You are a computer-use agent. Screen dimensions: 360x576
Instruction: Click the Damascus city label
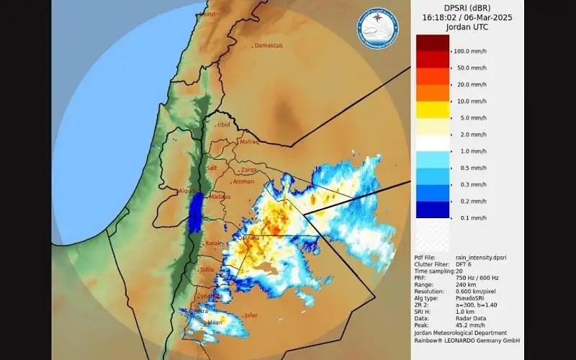pyautogui.click(x=269, y=45)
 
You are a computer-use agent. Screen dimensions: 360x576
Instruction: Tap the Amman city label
pyautogui.click(x=244, y=182)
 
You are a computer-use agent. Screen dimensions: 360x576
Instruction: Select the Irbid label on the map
pyautogui.click(x=224, y=125)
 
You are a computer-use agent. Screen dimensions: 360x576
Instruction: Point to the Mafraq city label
pyautogui.click(x=248, y=143)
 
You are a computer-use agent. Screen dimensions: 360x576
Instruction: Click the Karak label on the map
pyautogui.click(x=213, y=244)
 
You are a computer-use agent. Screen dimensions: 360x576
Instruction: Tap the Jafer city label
pyautogui.click(x=251, y=315)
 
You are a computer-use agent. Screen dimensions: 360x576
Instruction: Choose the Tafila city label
pyautogui.click(x=207, y=270)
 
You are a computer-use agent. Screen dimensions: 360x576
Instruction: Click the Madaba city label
pyautogui.click(x=220, y=197)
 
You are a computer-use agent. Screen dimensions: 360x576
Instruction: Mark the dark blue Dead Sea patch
pyautogui.click(x=194, y=213)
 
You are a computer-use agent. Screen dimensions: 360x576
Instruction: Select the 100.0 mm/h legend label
pyautogui.click(x=471, y=51)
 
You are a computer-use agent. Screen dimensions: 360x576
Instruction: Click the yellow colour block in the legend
pyautogui.click(x=432, y=109)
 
